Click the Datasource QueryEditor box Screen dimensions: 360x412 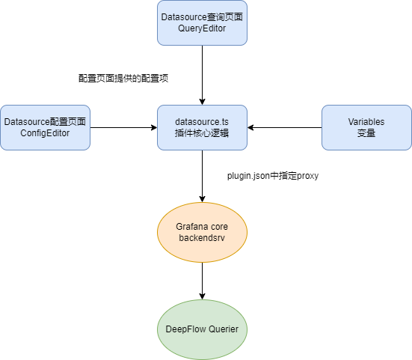(x=202, y=22)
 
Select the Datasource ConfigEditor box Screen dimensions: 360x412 (x=45, y=127)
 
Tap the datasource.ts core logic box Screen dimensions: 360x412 (x=202, y=127)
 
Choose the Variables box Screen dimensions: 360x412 (x=366, y=127)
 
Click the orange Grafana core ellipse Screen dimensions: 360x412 (x=202, y=232)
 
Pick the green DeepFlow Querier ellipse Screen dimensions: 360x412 (x=202, y=329)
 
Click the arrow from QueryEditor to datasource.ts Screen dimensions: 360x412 (x=202, y=75)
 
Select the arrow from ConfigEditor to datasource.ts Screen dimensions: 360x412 (x=123, y=127)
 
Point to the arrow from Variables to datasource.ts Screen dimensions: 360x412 (x=284, y=127)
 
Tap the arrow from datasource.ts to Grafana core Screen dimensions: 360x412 (x=202, y=176)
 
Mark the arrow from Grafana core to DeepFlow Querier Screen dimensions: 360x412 (x=202, y=281)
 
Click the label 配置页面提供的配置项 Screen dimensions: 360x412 (x=123, y=78)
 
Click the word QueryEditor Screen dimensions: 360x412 (x=202, y=28)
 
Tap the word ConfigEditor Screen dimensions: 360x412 (x=45, y=133)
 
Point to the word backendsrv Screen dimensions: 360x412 (x=202, y=238)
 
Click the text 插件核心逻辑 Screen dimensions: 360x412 (x=202, y=133)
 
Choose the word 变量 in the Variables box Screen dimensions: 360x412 (x=366, y=133)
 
